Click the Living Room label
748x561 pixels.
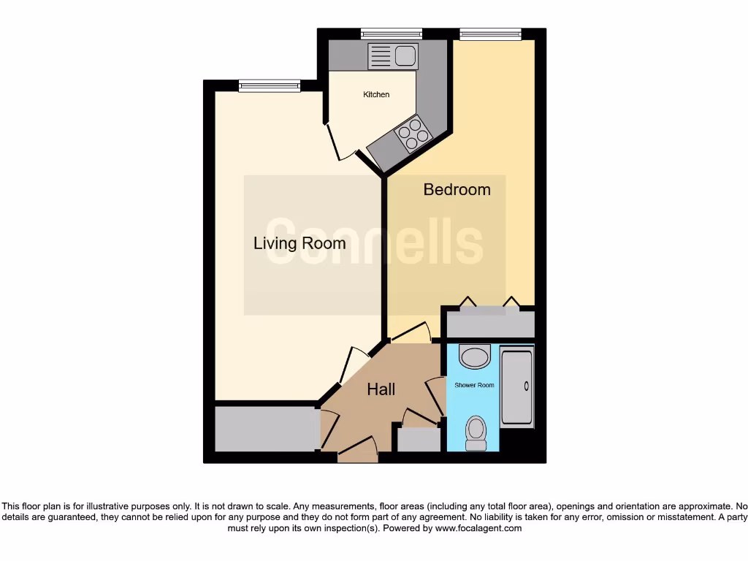[299, 243]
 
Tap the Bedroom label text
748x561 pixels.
[457, 190]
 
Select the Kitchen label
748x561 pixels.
[376, 95]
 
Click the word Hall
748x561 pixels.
[381, 390]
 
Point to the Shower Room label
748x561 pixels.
[474, 385]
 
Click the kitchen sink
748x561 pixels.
[393, 56]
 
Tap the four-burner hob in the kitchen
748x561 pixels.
[411, 134]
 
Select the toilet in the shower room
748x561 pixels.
[476, 433]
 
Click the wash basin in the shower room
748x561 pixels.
[475, 358]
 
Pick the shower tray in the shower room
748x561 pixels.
[517, 389]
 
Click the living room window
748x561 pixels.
[269, 85]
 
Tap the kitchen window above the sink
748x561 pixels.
[392, 34]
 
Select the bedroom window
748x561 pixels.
[490, 34]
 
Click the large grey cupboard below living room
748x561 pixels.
[264, 429]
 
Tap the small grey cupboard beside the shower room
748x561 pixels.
[419, 439]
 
